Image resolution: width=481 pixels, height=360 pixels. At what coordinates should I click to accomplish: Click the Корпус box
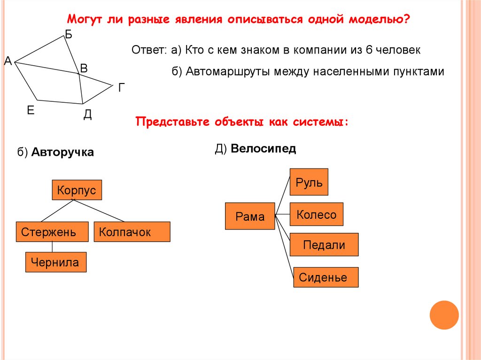77,191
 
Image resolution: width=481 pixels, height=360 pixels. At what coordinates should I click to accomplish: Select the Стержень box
52,232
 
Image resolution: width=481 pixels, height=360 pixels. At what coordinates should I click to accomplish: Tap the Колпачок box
132,232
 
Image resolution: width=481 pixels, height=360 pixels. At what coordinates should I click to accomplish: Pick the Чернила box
55,262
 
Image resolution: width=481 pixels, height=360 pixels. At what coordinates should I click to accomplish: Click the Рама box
250,216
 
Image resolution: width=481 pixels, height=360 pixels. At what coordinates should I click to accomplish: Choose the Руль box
309,182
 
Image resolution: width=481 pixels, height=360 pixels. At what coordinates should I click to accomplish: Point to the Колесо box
316,215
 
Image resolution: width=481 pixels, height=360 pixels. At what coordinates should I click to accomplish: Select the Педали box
324,245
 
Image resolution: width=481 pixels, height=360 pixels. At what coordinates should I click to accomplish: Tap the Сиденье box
326,277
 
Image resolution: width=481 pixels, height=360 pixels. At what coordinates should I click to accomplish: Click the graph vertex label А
8,61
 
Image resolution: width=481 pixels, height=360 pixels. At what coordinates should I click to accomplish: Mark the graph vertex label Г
122,87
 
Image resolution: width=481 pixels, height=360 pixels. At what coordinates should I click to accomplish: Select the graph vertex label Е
31,110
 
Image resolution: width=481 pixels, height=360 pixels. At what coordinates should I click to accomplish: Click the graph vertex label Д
88,115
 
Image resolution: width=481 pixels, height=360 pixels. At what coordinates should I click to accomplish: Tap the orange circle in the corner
444,315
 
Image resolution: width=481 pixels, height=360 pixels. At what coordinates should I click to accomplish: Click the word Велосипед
263,149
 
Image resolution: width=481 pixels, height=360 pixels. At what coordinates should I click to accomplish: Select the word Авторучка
63,153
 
